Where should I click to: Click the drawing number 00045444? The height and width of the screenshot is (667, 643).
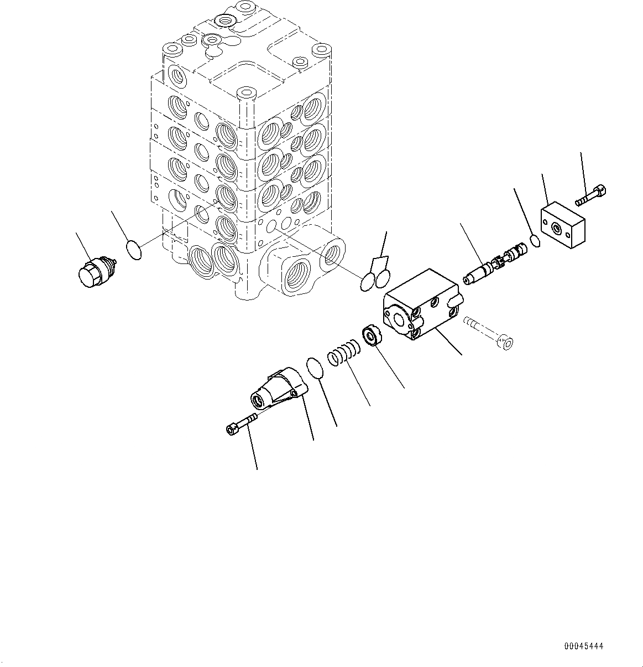(584, 646)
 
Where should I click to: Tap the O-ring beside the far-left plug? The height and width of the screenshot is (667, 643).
(134, 250)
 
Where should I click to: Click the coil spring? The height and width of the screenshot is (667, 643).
(344, 353)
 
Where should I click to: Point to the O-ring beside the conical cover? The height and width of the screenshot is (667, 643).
(315, 368)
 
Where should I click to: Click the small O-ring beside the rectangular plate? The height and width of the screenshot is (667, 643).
(535, 241)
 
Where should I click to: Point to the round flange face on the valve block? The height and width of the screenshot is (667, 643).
(396, 318)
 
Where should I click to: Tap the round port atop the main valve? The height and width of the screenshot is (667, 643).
(226, 21)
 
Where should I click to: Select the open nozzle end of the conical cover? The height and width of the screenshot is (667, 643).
(258, 398)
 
